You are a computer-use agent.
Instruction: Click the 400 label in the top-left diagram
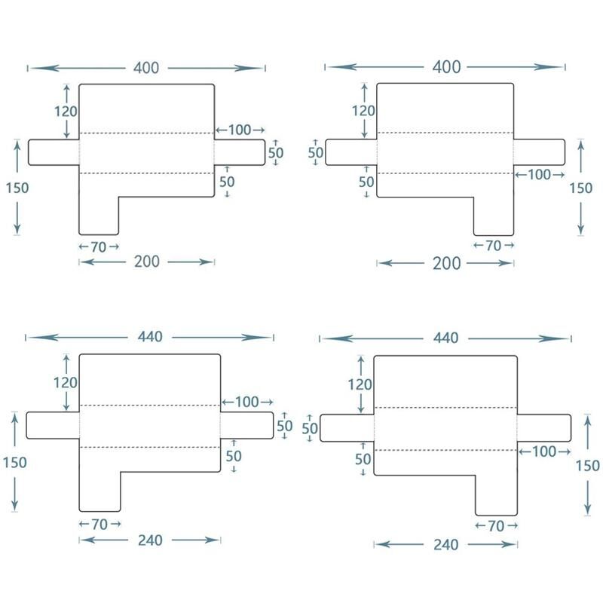(x=146, y=68)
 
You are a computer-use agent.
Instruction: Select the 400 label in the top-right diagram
(x=446, y=67)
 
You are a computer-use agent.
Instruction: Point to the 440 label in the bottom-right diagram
(x=446, y=338)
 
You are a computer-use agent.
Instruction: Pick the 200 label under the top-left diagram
(x=146, y=262)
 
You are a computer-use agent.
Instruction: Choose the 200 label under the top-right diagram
(x=446, y=263)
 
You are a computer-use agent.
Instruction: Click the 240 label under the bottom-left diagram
(x=149, y=540)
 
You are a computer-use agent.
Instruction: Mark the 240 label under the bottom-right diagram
(x=446, y=544)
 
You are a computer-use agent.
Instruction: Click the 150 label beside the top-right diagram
(x=580, y=187)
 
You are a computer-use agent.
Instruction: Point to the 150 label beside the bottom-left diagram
(x=14, y=462)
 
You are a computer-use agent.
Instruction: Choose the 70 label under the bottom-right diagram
(x=495, y=526)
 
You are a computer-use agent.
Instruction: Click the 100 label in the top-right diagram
(x=539, y=175)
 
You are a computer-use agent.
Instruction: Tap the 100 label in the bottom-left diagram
(x=246, y=402)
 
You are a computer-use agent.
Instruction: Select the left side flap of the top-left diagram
(x=54, y=152)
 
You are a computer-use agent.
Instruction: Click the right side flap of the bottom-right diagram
(x=543, y=427)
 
